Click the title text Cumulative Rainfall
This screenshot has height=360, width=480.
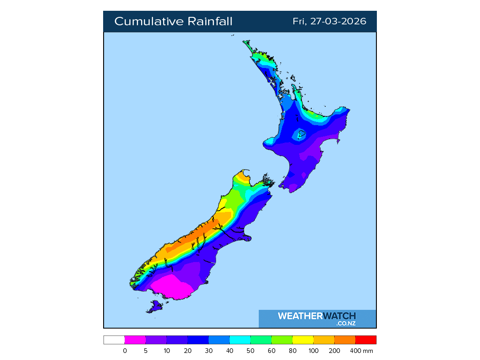pos(173,22)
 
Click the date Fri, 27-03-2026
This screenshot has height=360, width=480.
pos(329,22)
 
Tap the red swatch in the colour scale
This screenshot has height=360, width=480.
pos(366,340)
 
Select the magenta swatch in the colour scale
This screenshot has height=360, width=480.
pos(135,340)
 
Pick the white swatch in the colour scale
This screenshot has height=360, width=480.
pos(114,340)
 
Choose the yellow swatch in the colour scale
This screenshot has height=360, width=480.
pos(303,340)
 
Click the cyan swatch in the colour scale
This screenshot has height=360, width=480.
pos(240,340)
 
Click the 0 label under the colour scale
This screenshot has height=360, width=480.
pos(125,351)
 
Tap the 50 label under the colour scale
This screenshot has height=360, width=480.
pos(251,351)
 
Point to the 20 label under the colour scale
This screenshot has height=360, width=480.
pos(187,351)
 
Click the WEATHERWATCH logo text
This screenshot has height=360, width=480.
pos(316,316)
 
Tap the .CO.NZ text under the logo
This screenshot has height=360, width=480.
pos(346,323)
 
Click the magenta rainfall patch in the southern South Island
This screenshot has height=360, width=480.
pos(170,287)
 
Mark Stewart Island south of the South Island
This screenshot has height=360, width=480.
pos(154,307)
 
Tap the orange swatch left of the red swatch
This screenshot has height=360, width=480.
pos(345,340)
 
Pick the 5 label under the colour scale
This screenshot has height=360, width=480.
pos(146,351)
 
